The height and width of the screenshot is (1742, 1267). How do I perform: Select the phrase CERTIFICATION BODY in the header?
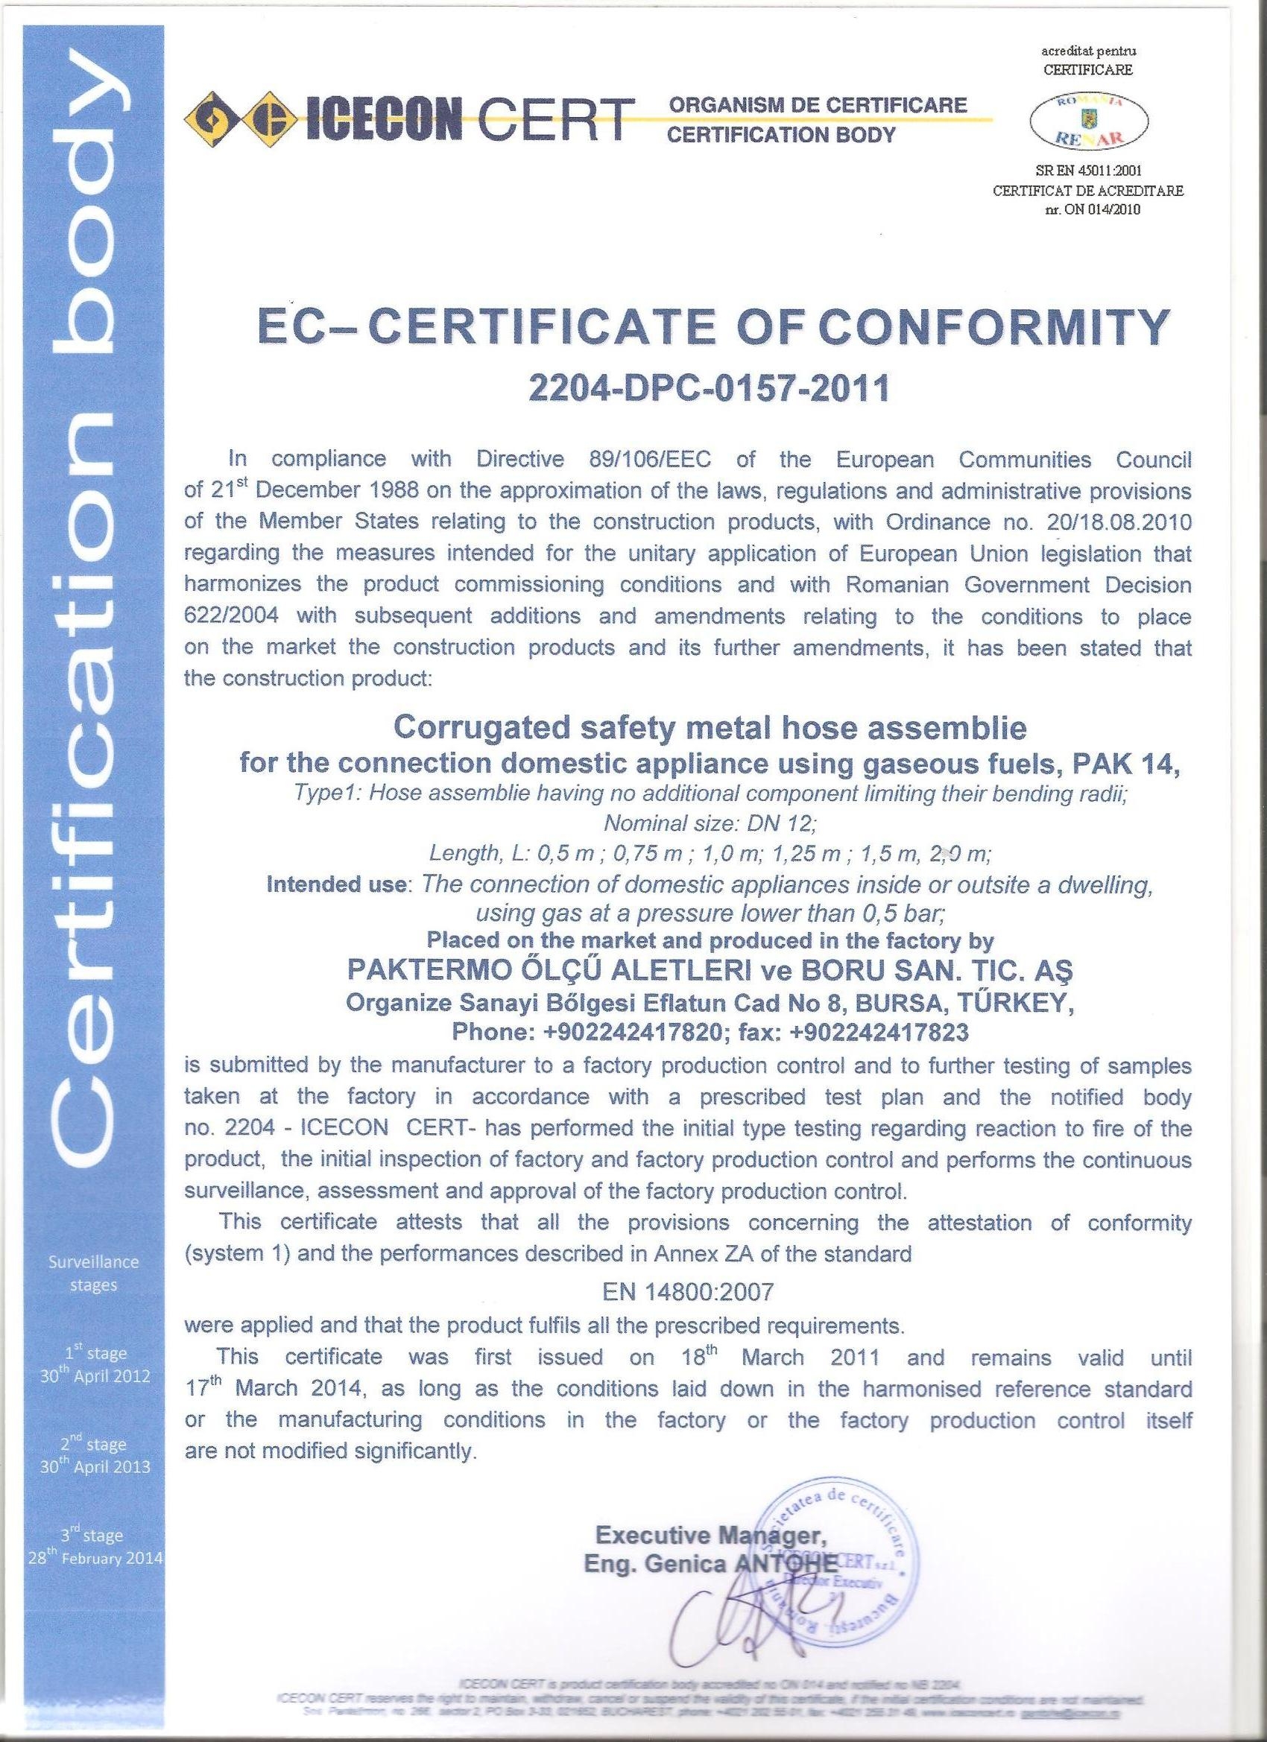781,135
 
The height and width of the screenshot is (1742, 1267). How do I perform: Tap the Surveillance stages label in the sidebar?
94,1273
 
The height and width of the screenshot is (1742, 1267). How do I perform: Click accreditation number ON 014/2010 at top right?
1099,208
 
